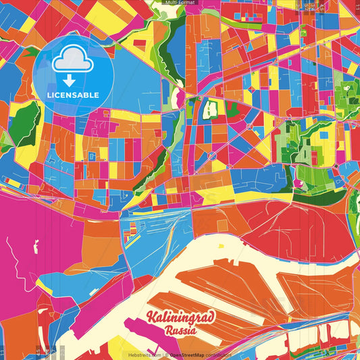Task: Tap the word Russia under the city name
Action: click(181, 331)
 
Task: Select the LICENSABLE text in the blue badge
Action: click(74, 95)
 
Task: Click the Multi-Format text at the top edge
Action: click(180, 3)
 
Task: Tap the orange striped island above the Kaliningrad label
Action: click(223, 284)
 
